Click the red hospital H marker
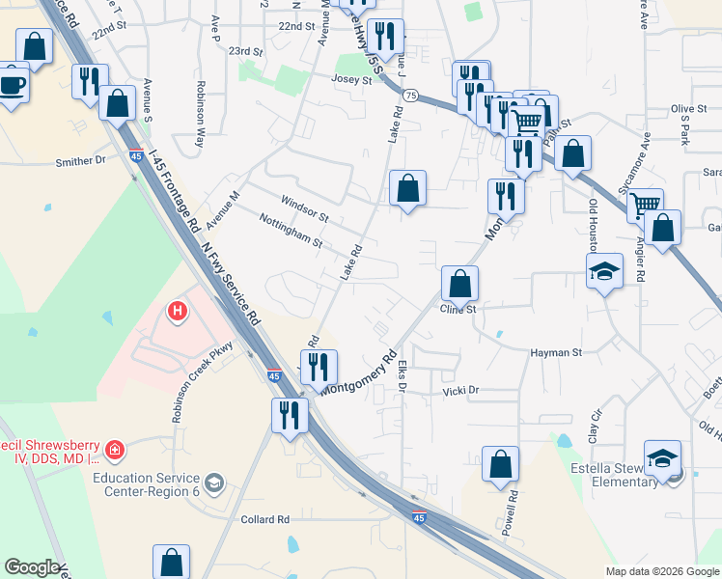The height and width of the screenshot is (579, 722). (x=177, y=311)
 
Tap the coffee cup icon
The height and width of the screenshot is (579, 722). (x=13, y=83)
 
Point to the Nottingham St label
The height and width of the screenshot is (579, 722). (x=291, y=231)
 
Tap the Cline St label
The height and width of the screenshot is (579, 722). (x=458, y=309)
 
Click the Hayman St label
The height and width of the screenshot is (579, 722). (x=556, y=353)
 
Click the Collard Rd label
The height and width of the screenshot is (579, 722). (x=265, y=519)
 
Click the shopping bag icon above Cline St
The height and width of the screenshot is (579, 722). (x=460, y=283)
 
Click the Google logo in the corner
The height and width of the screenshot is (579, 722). (x=32, y=567)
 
